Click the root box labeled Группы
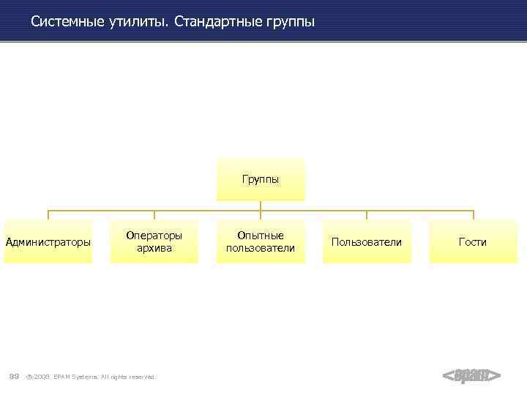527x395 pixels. pos(261,179)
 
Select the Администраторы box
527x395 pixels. pos(48,241)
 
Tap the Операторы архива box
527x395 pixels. pos(154,241)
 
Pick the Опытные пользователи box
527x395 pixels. pos(261,241)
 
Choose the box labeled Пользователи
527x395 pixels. pos(366,241)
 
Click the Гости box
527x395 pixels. pos(473,241)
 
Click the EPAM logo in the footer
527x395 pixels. pos(472,376)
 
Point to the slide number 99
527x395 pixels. pos(14,376)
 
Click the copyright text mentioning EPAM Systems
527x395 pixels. pos(91,377)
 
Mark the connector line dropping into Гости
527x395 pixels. pos(473,215)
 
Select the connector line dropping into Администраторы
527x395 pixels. pos(48,215)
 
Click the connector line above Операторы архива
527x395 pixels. pos(154,215)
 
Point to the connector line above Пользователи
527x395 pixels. pos(366,215)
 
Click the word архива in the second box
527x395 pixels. pos(154,248)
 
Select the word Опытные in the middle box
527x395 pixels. pos(261,236)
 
